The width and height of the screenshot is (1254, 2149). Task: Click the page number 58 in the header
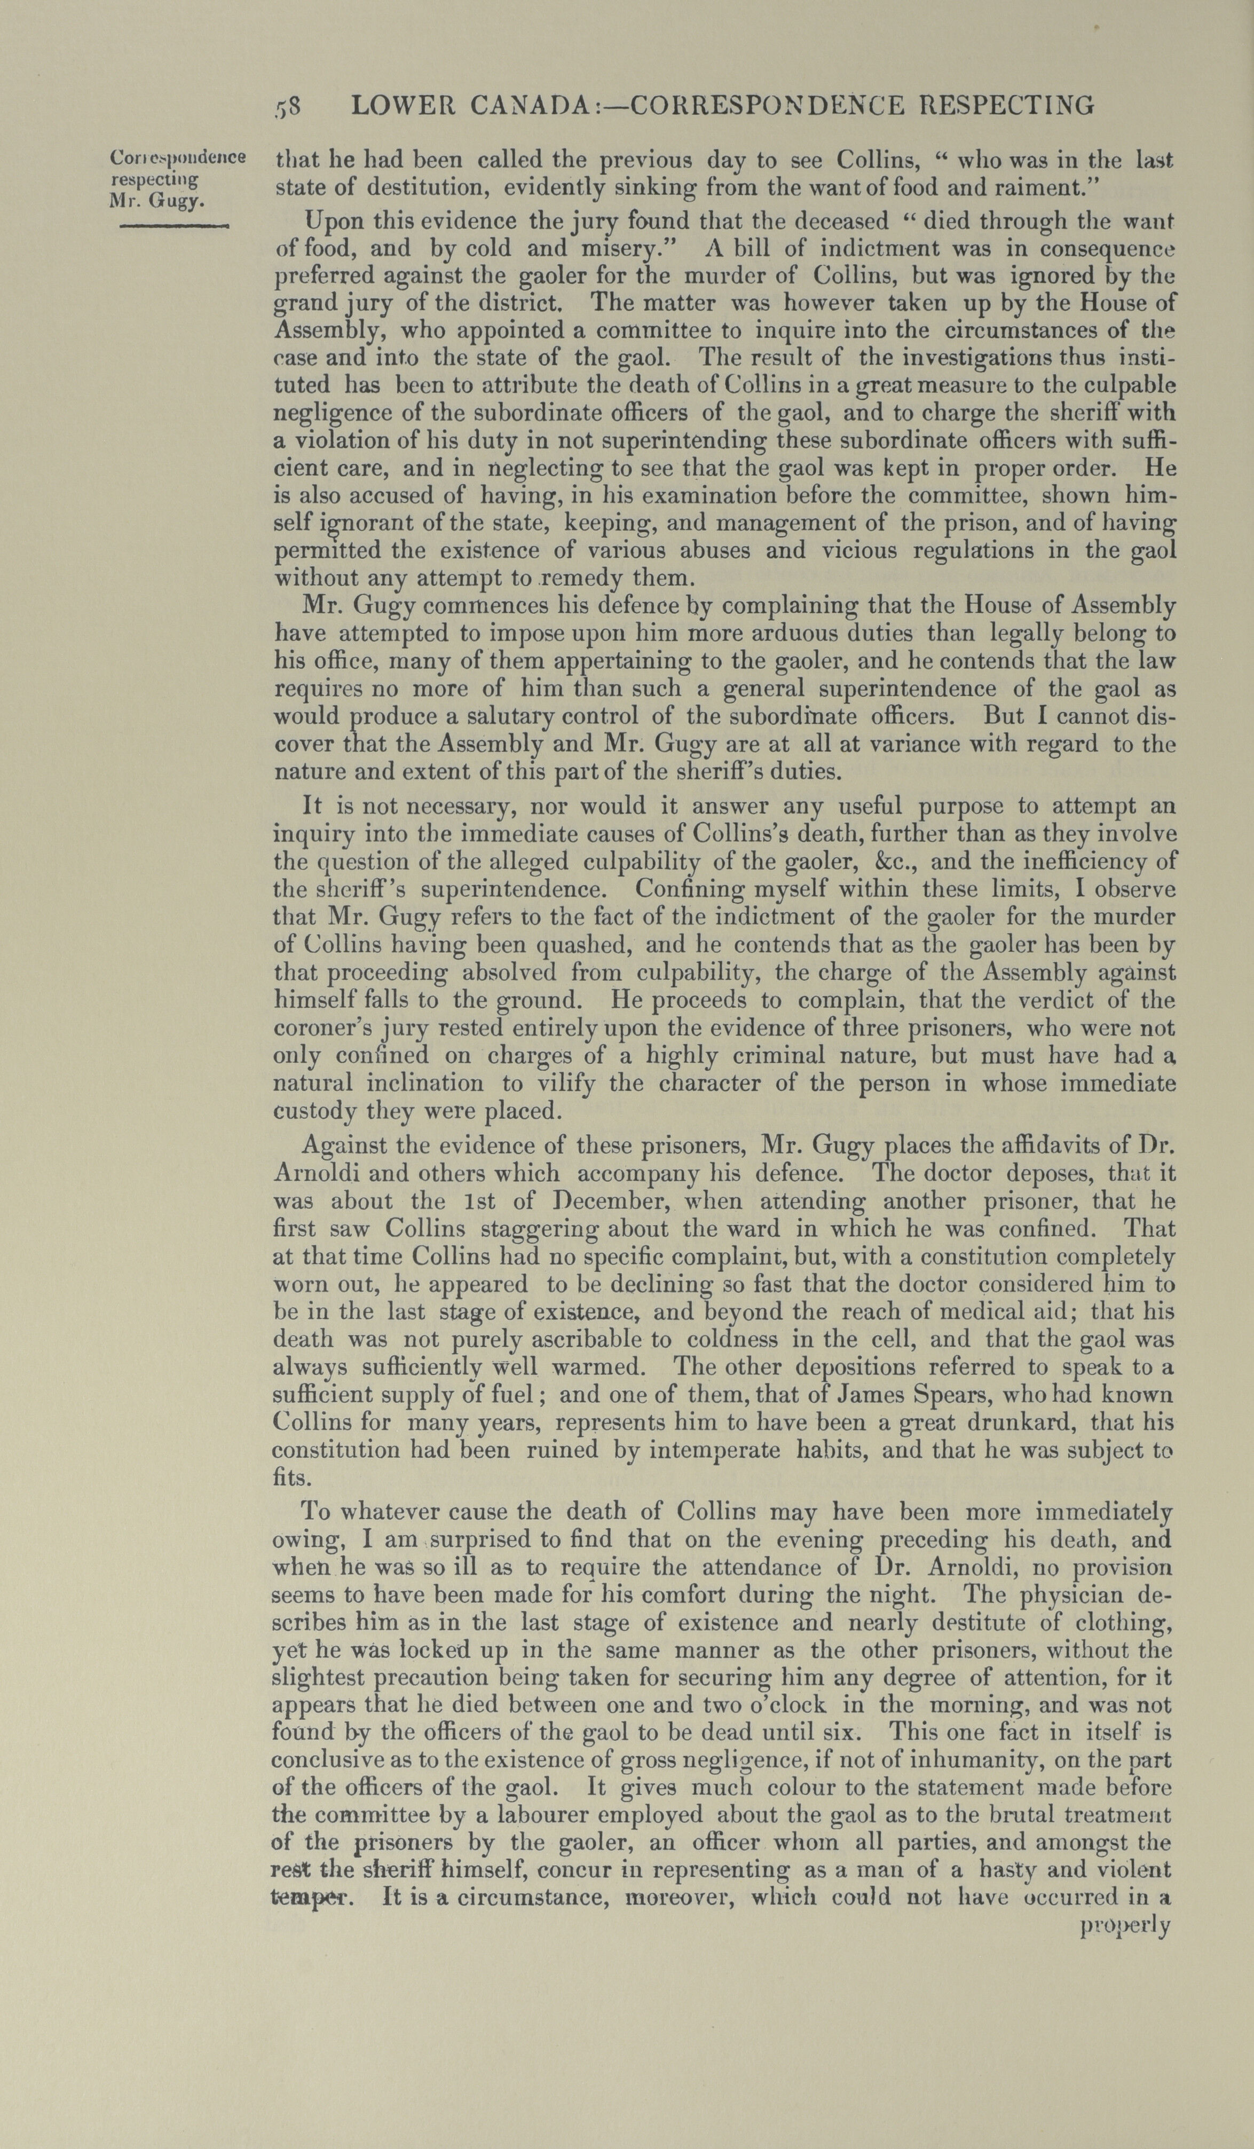coord(287,106)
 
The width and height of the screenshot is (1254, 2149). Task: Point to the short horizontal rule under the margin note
coord(174,225)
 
